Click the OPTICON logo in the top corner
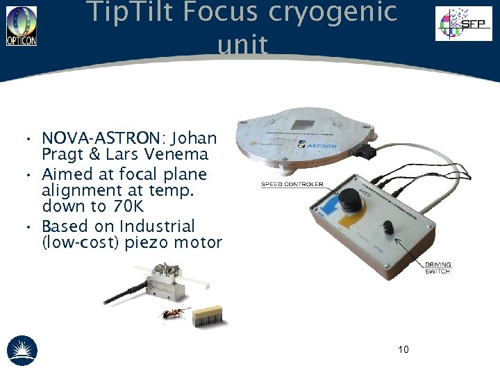[x=22, y=26]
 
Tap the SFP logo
[x=462, y=24]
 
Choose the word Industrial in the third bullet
[x=157, y=226]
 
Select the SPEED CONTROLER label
[x=292, y=184]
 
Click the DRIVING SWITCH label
[x=438, y=268]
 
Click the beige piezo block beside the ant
[x=208, y=314]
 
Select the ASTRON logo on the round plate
[x=322, y=146]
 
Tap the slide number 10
[x=403, y=349]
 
